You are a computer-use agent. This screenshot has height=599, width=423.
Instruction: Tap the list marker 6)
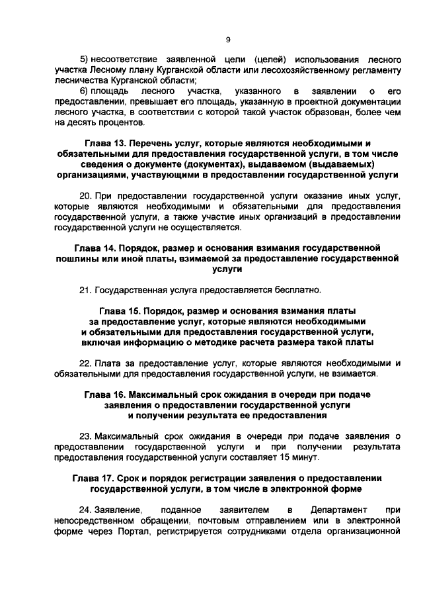[84, 89]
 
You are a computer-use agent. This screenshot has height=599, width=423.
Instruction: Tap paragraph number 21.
[85, 290]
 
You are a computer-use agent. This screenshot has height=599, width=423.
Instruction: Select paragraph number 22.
[85, 363]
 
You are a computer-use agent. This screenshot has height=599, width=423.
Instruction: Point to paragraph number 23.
[85, 436]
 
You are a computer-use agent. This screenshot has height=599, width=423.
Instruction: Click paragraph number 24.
[85, 510]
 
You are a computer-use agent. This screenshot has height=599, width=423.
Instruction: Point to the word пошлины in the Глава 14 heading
[76, 259]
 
